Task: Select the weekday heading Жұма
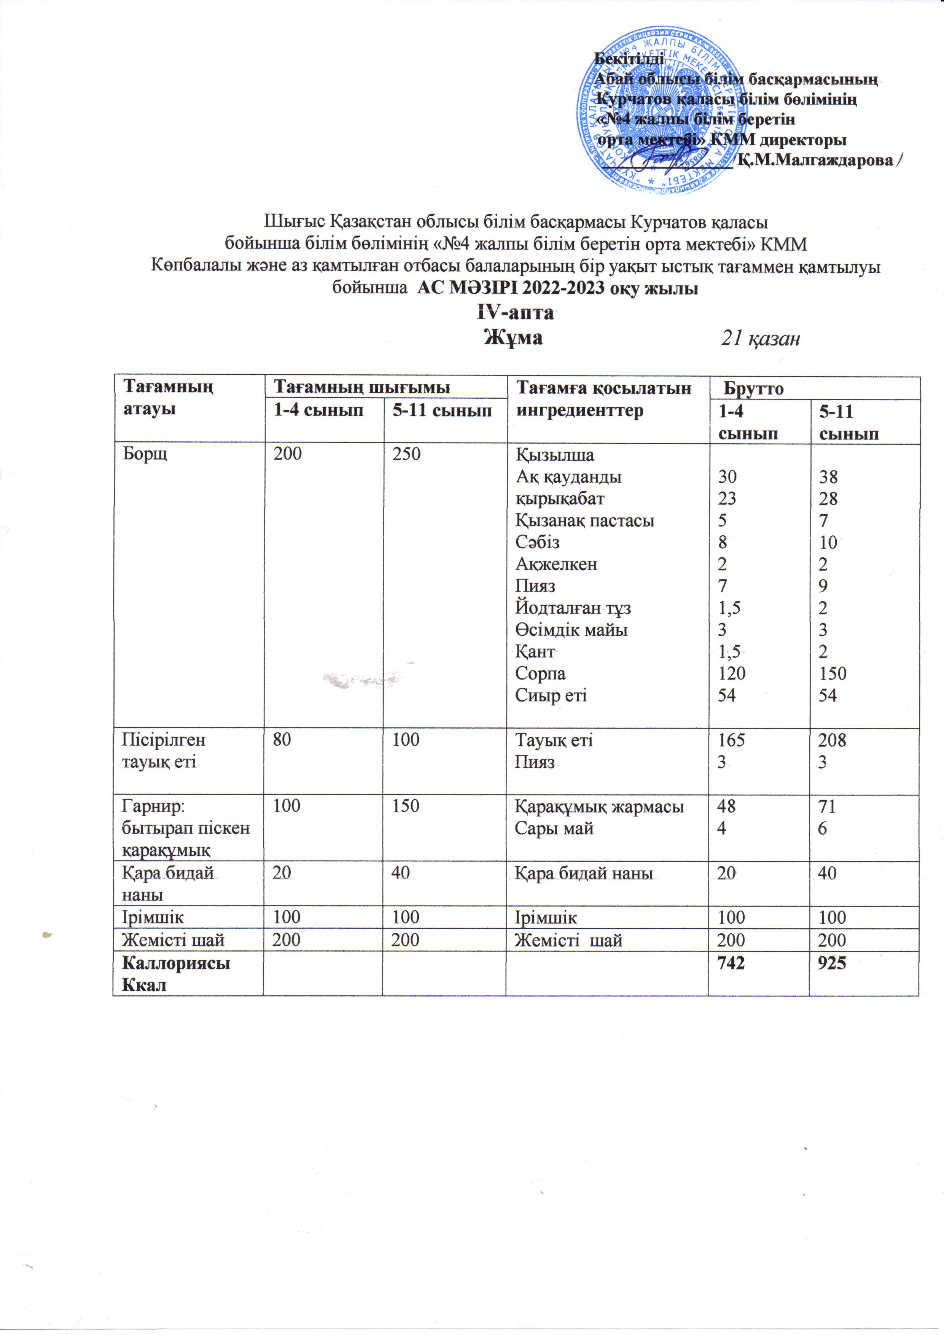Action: coord(514,337)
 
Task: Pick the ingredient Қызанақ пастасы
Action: coord(584,520)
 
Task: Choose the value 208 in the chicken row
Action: coord(832,740)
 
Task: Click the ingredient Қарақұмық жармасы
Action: coord(599,807)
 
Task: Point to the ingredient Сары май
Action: coord(554,829)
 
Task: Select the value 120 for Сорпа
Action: coord(731,673)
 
